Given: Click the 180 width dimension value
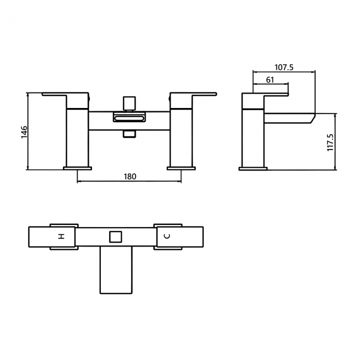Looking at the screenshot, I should tap(130, 177).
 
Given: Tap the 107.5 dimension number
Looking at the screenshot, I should tap(284, 68).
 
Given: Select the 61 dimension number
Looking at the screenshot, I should tap(270, 80).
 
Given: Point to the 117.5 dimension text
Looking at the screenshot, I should tap(331, 142).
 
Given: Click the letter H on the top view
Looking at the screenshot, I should tap(61, 236).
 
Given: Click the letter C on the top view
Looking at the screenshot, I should tap(168, 236).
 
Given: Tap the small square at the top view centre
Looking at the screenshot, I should tap(115, 237).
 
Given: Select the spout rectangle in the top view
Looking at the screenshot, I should tap(115, 270).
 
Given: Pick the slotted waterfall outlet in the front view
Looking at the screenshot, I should tap(128, 117).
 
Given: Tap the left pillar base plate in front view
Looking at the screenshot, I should tap(77, 167).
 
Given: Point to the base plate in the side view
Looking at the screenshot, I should tap(253, 168).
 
